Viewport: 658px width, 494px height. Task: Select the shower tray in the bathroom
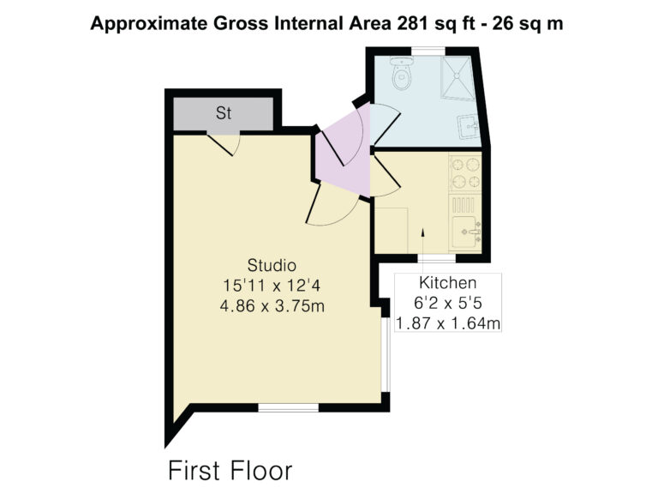click(x=458, y=78)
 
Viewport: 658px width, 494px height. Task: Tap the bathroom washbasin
click(x=469, y=125)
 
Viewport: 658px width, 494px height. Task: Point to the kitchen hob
click(x=465, y=172)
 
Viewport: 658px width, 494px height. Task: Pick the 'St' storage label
click(x=224, y=113)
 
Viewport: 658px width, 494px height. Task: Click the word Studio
click(x=272, y=265)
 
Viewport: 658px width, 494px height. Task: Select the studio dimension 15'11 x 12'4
click(x=272, y=286)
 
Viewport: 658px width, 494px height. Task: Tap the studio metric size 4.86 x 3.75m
click(x=272, y=306)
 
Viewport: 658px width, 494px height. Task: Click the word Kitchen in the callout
click(x=448, y=283)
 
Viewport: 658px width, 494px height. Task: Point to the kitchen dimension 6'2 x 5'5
click(x=447, y=303)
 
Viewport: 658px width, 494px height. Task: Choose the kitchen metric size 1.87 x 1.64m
click(x=448, y=323)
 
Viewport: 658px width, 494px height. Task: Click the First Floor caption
click(x=230, y=471)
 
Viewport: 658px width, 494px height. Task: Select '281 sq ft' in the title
click(x=436, y=23)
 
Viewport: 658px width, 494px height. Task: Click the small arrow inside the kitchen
click(x=423, y=232)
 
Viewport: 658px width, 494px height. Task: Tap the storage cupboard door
click(x=224, y=144)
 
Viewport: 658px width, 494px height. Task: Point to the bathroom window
click(x=428, y=51)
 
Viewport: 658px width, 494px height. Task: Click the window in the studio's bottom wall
click(x=288, y=407)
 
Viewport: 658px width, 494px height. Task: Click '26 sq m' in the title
click(x=528, y=23)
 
